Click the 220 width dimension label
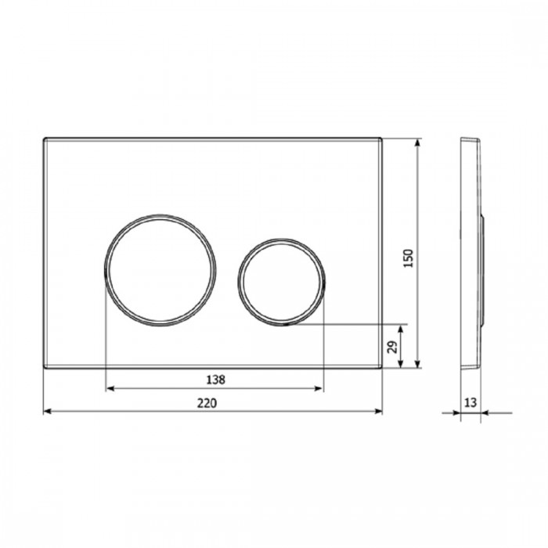tap(207, 403)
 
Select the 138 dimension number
tap(215, 380)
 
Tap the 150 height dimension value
tap(408, 258)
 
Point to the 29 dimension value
tap(393, 347)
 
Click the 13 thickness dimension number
tap(470, 402)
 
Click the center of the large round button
tap(160, 271)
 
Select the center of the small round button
tap(282, 282)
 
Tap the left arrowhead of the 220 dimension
tap(48, 411)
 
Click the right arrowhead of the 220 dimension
tap(378, 411)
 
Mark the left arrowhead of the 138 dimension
tap(110, 388)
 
